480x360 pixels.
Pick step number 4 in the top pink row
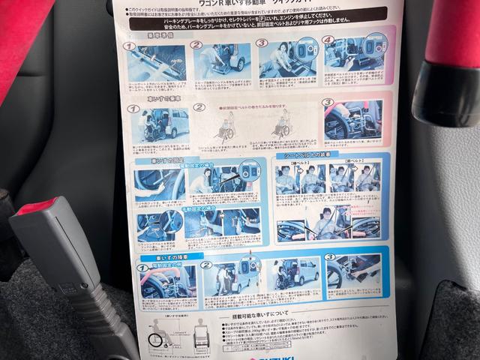coord(328,40)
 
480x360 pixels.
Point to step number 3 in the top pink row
coord(262,42)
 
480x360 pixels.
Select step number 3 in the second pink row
coord(328,103)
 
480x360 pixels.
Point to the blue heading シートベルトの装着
coord(307,154)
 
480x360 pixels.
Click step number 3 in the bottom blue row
coord(329,256)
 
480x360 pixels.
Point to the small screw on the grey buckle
coord(70,289)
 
